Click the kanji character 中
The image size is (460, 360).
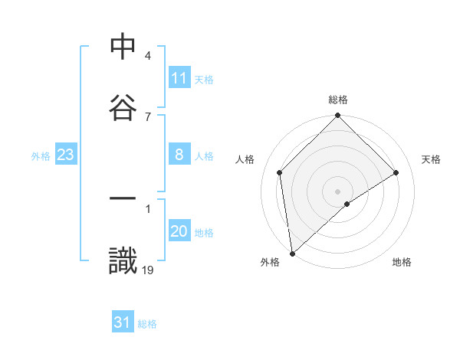coord(123,47)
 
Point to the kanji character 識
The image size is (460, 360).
coord(123,260)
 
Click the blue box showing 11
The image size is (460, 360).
coord(179,77)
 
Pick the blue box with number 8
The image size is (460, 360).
coord(179,155)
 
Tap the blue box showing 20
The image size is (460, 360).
coord(179,232)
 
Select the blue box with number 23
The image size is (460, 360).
coord(65,155)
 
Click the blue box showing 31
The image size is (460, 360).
coord(123,322)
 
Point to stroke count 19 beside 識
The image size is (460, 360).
coord(148,269)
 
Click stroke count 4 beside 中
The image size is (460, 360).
coord(147,56)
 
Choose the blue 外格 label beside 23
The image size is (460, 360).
coord(41,155)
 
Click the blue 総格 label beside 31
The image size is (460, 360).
coord(147,323)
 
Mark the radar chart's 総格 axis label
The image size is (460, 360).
coord(338,100)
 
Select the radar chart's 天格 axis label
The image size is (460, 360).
coord(432,159)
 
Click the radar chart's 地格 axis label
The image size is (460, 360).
coord(402,262)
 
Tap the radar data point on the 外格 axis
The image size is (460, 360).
coord(292,254)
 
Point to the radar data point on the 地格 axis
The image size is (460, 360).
coord(347,204)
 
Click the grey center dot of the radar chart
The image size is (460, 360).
coord(338,191)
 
